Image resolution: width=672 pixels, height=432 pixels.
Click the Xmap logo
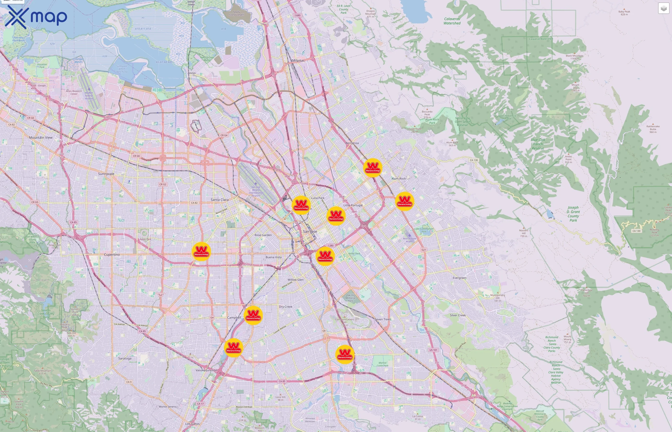pyautogui.click(x=36, y=17)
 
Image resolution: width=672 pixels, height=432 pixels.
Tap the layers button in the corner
pyautogui.click(x=663, y=8)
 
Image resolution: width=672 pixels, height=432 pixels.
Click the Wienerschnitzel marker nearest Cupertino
pyautogui.click(x=201, y=251)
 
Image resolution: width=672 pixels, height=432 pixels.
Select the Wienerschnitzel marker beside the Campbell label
pyautogui.click(x=253, y=315)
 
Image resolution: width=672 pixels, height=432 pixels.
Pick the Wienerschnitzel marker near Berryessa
pyautogui.click(x=372, y=168)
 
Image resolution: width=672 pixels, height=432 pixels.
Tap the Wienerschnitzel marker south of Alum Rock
pyautogui.click(x=404, y=201)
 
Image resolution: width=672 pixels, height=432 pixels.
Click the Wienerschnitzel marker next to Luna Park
pyautogui.click(x=301, y=205)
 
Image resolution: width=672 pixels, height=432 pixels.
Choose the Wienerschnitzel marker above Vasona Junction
pyautogui.click(x=233, y=348)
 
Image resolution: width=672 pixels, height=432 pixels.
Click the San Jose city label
pyautogui.click(x=310, y=231)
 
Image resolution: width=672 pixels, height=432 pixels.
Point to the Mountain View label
pyautogui.click(x=41, y=138)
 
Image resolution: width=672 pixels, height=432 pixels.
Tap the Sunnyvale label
pyautogui.click(x=106, y=174)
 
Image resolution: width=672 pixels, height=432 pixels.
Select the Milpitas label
pyautogui.click(x=298, y=60)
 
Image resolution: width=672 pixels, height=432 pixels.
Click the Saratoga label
pyautogui.click(x=125, y=359)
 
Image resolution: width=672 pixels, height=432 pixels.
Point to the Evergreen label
pyautogui.click(x=459, y=278)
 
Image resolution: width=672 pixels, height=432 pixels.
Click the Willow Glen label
pyautogui.click(x=295, y=280)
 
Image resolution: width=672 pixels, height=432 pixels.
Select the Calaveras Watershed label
pyautogui.click(x=452, y=21)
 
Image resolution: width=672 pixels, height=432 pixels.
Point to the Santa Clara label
pyautogui.click(x=220, y=200)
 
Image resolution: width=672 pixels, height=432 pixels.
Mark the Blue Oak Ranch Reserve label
pyautogui.click(x=538, y=144)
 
